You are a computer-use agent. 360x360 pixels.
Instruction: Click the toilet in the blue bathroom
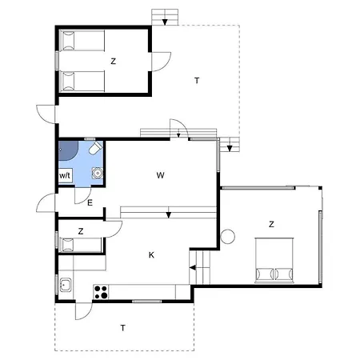(95, 147)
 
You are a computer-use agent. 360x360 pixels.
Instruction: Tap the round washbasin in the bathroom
(98, 173)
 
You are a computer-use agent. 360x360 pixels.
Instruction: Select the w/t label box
(66, 175)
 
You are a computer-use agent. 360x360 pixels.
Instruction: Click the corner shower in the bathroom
(68, 150)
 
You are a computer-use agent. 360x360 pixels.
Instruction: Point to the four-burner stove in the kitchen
(101, 292)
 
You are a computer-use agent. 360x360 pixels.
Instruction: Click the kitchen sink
(66, 285)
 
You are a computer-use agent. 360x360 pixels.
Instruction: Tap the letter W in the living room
(160, 175)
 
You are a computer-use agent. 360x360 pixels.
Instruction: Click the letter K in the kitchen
(151, 255)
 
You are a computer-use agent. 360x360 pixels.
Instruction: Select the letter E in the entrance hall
(90, 203)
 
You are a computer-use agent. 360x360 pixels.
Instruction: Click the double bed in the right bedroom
(274, 260)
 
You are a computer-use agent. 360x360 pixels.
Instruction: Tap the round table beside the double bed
(228, 237)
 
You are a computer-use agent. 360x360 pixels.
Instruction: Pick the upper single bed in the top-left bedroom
(82, 40)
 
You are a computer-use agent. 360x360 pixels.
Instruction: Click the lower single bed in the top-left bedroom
(82, 82)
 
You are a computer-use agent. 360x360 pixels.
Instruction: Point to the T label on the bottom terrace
(122, 328)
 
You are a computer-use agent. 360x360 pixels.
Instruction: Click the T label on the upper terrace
(197, 81)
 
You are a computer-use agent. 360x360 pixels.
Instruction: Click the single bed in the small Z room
(80, 245)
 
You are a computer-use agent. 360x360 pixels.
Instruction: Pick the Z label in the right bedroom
(271, 224)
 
